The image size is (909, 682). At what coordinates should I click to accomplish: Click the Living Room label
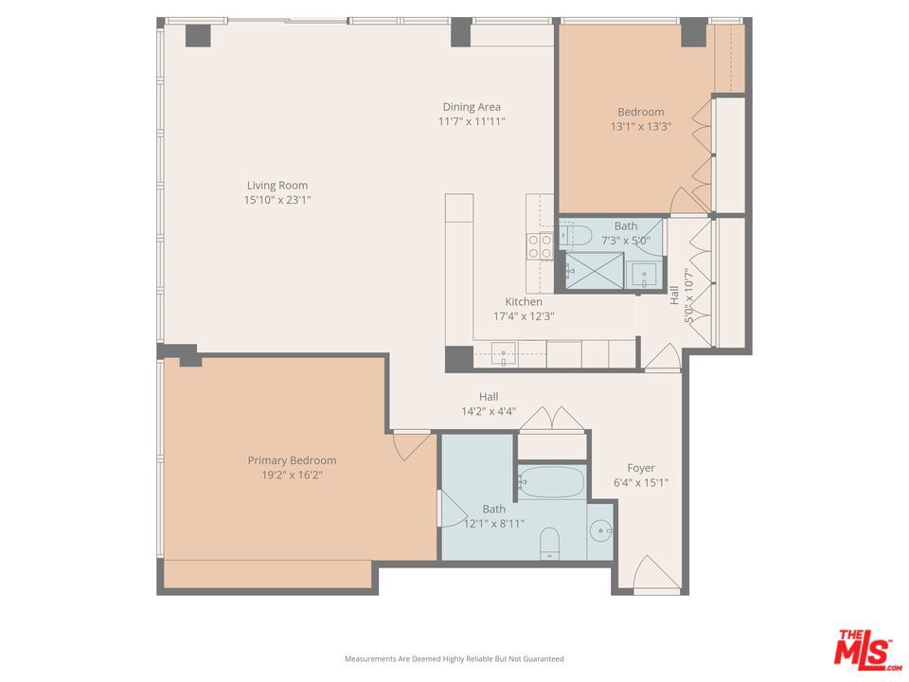277,186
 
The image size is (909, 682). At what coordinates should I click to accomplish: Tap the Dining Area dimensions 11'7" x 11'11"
472,122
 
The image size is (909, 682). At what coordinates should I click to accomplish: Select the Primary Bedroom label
292,460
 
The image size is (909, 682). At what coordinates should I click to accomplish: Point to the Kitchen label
524,301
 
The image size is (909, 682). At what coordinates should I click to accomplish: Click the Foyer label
641,468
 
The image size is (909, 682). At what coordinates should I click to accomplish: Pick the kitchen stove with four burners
540,246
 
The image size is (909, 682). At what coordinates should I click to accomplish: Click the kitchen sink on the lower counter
503,353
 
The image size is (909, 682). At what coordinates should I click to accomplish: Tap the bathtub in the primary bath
551,481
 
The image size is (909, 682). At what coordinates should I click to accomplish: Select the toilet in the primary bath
549,544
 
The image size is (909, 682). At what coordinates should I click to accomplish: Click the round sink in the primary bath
601,530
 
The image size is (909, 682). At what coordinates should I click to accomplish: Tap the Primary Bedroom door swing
414,445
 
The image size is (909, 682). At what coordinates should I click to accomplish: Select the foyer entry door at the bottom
656,575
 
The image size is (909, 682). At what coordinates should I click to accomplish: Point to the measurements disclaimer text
454,659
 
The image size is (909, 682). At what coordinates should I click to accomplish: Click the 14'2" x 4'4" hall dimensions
489,412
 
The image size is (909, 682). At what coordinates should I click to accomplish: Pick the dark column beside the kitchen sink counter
459,359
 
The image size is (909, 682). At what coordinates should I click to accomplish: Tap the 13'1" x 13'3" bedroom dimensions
641,126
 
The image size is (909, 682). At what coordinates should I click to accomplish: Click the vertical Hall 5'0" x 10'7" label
681,296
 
